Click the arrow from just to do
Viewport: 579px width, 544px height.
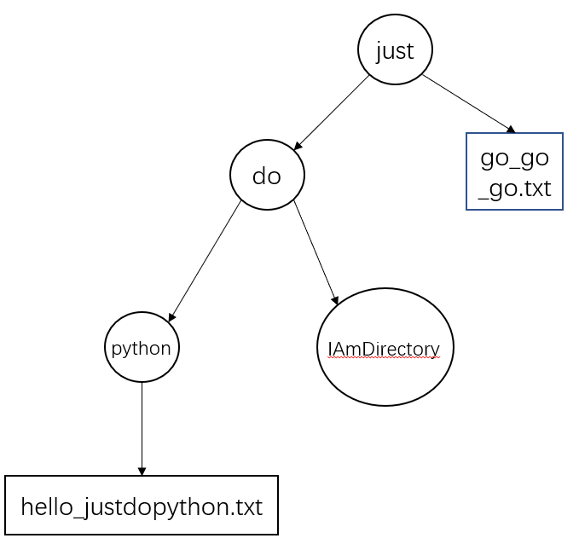pyautogui.click(x=332, y=113)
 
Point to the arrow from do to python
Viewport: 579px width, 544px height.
pyautogui.click(x=205, y=261)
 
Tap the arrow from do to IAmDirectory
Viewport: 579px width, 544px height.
pyautogui.click(x=316, y=252)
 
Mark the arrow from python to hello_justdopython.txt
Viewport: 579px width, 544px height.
pyautogui.click(x=142, y=429)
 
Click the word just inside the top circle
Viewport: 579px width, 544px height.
pyautogui.click(x=395, y=51)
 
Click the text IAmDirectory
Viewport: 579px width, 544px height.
pyautogui.click(x=384, y=349)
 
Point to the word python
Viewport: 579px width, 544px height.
pyautogui.click(x=141, y=349)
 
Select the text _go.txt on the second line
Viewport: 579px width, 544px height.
pyautogui.click(x=514, y=189)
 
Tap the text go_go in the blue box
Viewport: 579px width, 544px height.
pyautogui.click(x=514, y=159)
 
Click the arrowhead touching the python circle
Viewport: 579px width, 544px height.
pyautogui.click(x=172, y=317)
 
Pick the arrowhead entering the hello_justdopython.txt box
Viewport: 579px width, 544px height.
pyautogui.click(x=142, y=472)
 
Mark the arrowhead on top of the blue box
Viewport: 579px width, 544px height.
pyautogui.click(x=511, y=130)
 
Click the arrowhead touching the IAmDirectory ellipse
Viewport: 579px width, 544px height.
pyautogui.click(x=335, y=300)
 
